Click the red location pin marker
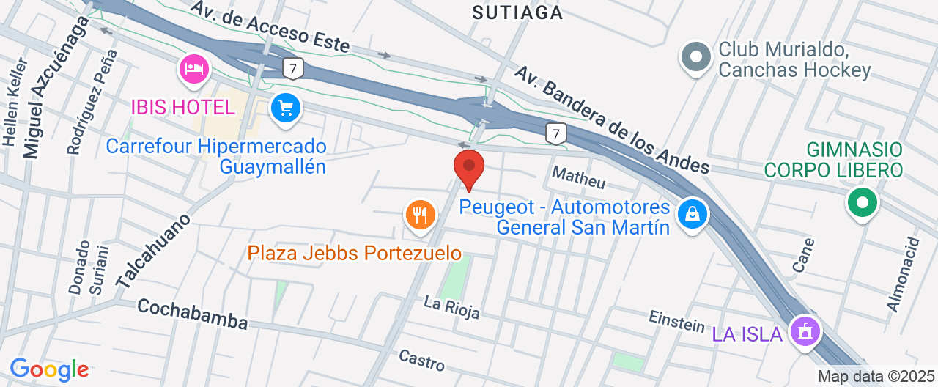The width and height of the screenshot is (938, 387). point(469,167)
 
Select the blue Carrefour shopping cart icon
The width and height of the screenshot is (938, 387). point(284,109)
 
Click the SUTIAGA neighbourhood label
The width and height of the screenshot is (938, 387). point(517,12)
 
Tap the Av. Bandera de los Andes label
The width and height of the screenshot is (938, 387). point(611,119)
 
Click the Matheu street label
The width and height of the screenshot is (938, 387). point(579,177)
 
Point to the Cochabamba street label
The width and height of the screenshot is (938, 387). point(193,313)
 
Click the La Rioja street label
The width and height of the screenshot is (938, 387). point(452,307)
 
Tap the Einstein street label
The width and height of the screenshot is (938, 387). point(677,320)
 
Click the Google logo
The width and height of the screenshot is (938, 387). point(49,369)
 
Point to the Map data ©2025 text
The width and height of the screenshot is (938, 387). point(876,377)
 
